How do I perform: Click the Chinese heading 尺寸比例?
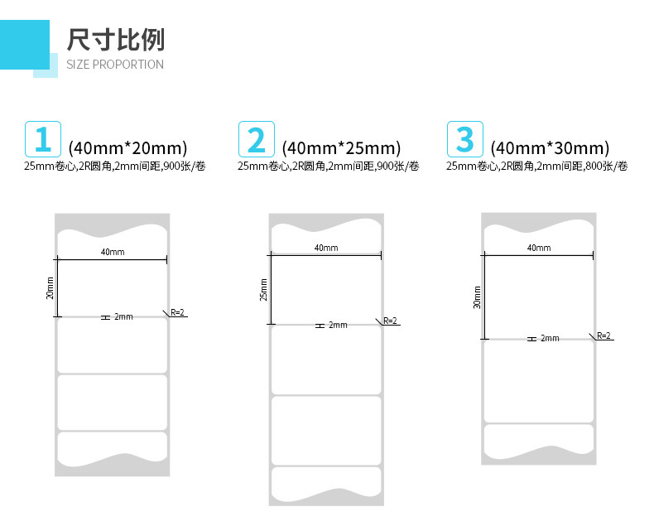tap(116, 39)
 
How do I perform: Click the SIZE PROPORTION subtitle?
tap(115, 65)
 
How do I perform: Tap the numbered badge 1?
tap(43, 139)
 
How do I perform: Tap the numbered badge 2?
tap(257, 139)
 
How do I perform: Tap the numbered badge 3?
tap(465, 139)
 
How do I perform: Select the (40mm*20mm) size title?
tap(127, 148)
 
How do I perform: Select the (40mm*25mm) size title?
tap(341, 148)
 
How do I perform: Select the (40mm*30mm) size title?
tap(550, 148)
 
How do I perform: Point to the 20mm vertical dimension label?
tap(50, 288)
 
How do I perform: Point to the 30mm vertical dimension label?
tap(477, 297)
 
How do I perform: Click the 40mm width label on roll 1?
tap(113, 252)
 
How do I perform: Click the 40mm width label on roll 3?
tap(539, 248)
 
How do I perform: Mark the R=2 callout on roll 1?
tap(178, 312)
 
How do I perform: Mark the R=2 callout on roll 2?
tap(391, 321)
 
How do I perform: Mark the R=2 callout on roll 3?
tap(604, 335)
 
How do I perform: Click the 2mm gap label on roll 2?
tap(338, 326)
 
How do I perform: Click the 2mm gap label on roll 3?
tap(550, 339)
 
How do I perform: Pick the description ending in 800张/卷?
tap(536, 166)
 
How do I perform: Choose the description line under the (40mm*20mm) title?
tap(115, 166)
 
